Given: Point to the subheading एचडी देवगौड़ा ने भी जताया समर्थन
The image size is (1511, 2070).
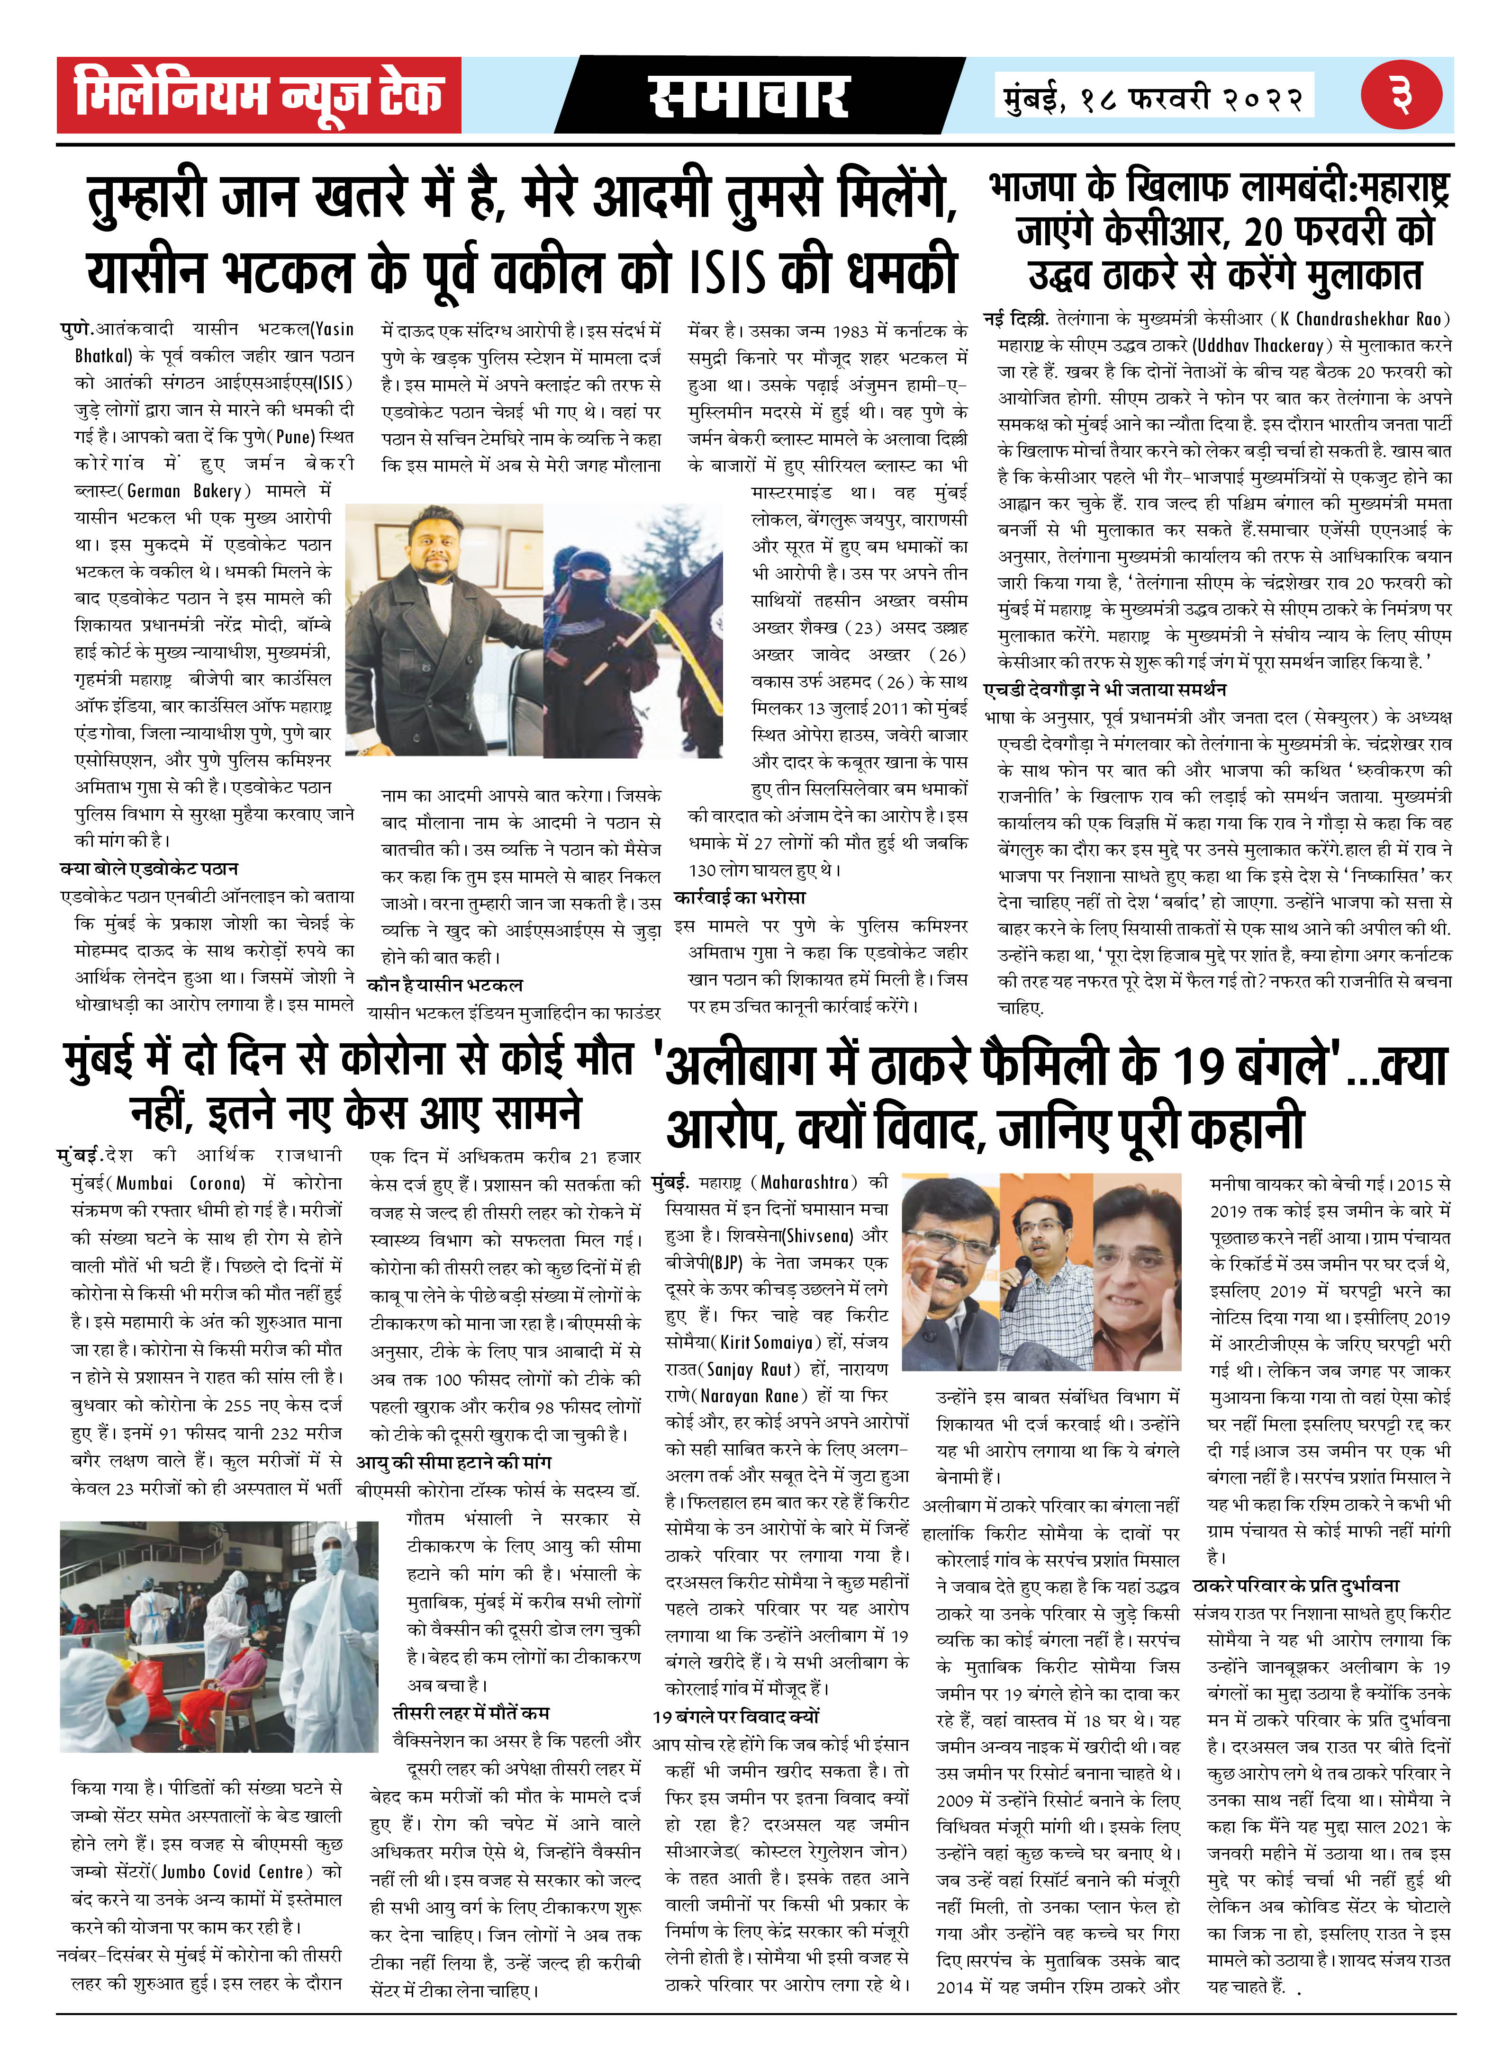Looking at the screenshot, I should (1105, 690).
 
